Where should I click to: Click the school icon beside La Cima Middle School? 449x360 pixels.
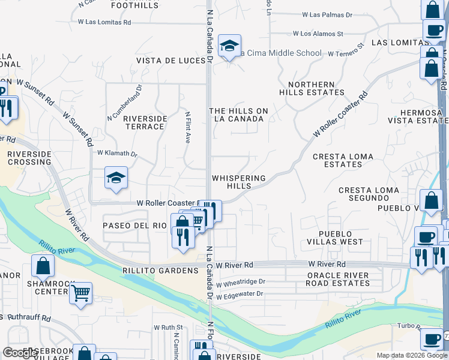229,46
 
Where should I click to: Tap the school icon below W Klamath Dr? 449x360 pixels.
116,178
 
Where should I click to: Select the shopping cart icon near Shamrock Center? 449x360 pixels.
80,293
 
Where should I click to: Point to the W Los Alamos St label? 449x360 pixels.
318,34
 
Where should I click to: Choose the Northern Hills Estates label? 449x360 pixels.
312,89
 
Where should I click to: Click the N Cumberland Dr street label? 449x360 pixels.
125,102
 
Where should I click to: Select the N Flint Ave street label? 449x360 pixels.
187,127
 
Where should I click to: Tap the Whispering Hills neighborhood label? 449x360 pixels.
238,182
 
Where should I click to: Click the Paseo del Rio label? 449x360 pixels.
134,226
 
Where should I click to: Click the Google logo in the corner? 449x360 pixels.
20,353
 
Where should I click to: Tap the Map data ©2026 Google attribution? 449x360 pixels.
411,355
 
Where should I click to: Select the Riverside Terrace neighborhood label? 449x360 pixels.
144,122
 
